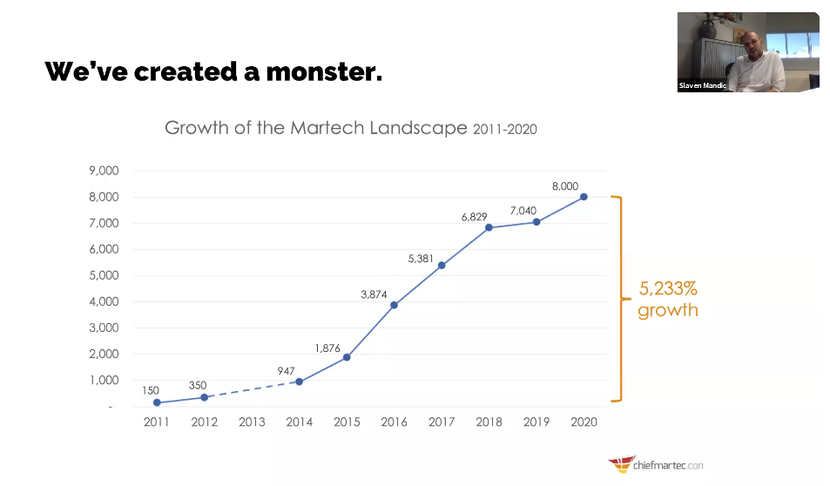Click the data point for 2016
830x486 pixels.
coord(394,305)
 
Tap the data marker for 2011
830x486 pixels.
coord(157,402)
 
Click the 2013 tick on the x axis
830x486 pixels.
coord(252,422)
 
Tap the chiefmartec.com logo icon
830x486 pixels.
coord(620,464)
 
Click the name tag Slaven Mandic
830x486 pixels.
coord(702,85)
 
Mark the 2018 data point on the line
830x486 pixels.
coord(489,227)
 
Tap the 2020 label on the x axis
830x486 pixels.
coord(584,422)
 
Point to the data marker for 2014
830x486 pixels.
coord(299,381)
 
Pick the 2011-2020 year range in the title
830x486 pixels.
coord(505,130)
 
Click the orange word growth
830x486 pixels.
coord(668,310)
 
